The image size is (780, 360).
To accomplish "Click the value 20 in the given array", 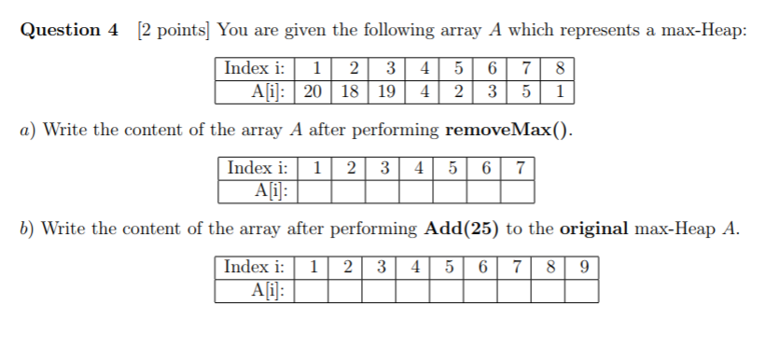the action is (314, 92).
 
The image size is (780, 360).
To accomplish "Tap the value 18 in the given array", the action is (351, 92).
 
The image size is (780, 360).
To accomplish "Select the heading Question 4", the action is (70, 30).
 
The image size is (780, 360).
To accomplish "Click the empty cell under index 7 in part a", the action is (518, 192).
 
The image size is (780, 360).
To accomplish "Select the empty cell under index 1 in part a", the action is (318, 192).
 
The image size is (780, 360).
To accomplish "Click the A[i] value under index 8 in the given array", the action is (559, 92).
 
